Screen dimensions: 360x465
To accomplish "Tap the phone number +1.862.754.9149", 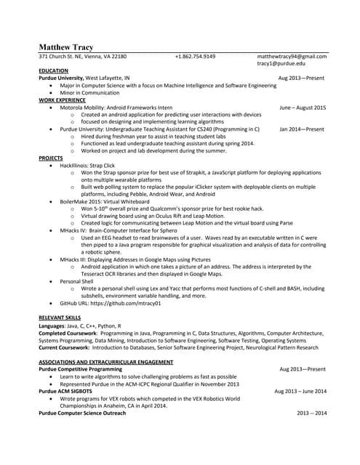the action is [x=195, y=56].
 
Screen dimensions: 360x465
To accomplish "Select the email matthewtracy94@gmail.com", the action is [x=292, y=56].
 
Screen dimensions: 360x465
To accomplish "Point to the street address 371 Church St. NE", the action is [x=65, y=56].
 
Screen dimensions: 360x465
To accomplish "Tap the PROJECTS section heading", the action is [x=51, y=158].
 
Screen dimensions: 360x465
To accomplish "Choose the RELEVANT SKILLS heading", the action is [x=61, y=318].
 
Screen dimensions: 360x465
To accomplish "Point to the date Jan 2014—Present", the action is [x=302, y=129].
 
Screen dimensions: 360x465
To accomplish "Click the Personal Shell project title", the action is [x=76, y=280].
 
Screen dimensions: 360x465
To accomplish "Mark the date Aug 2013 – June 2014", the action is [x=301, y=391].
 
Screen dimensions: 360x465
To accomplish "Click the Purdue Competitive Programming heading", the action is [x=80, y=369].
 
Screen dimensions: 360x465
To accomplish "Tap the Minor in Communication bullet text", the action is [x=90, y=92].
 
